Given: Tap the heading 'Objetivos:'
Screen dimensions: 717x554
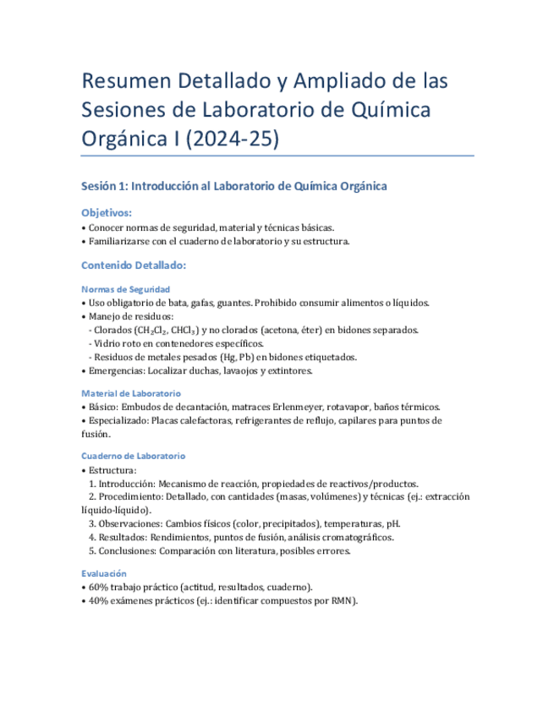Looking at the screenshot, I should tap(107, 213).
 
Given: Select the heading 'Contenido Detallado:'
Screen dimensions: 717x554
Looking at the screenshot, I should tap(134, 265).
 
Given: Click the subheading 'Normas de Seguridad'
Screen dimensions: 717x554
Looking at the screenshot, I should tap(125, 289).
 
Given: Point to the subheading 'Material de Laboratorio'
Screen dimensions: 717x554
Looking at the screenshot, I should tap(130, 393).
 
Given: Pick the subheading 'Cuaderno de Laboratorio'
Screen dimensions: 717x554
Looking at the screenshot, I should tap(133, 456).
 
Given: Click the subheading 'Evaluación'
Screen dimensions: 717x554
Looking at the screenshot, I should tap(107, 572).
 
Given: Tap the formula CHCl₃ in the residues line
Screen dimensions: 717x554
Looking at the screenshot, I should tap(188, 330).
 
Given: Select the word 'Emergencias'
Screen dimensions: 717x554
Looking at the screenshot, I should tap(118, 370).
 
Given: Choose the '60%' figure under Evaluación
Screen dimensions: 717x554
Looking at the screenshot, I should tap(98, 587).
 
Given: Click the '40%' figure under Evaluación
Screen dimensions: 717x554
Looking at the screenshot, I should tap(98, 600).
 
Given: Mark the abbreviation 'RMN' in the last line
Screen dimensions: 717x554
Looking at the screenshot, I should tap(342, 600).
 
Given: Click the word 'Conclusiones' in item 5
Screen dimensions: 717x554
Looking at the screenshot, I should tap(126, 550).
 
